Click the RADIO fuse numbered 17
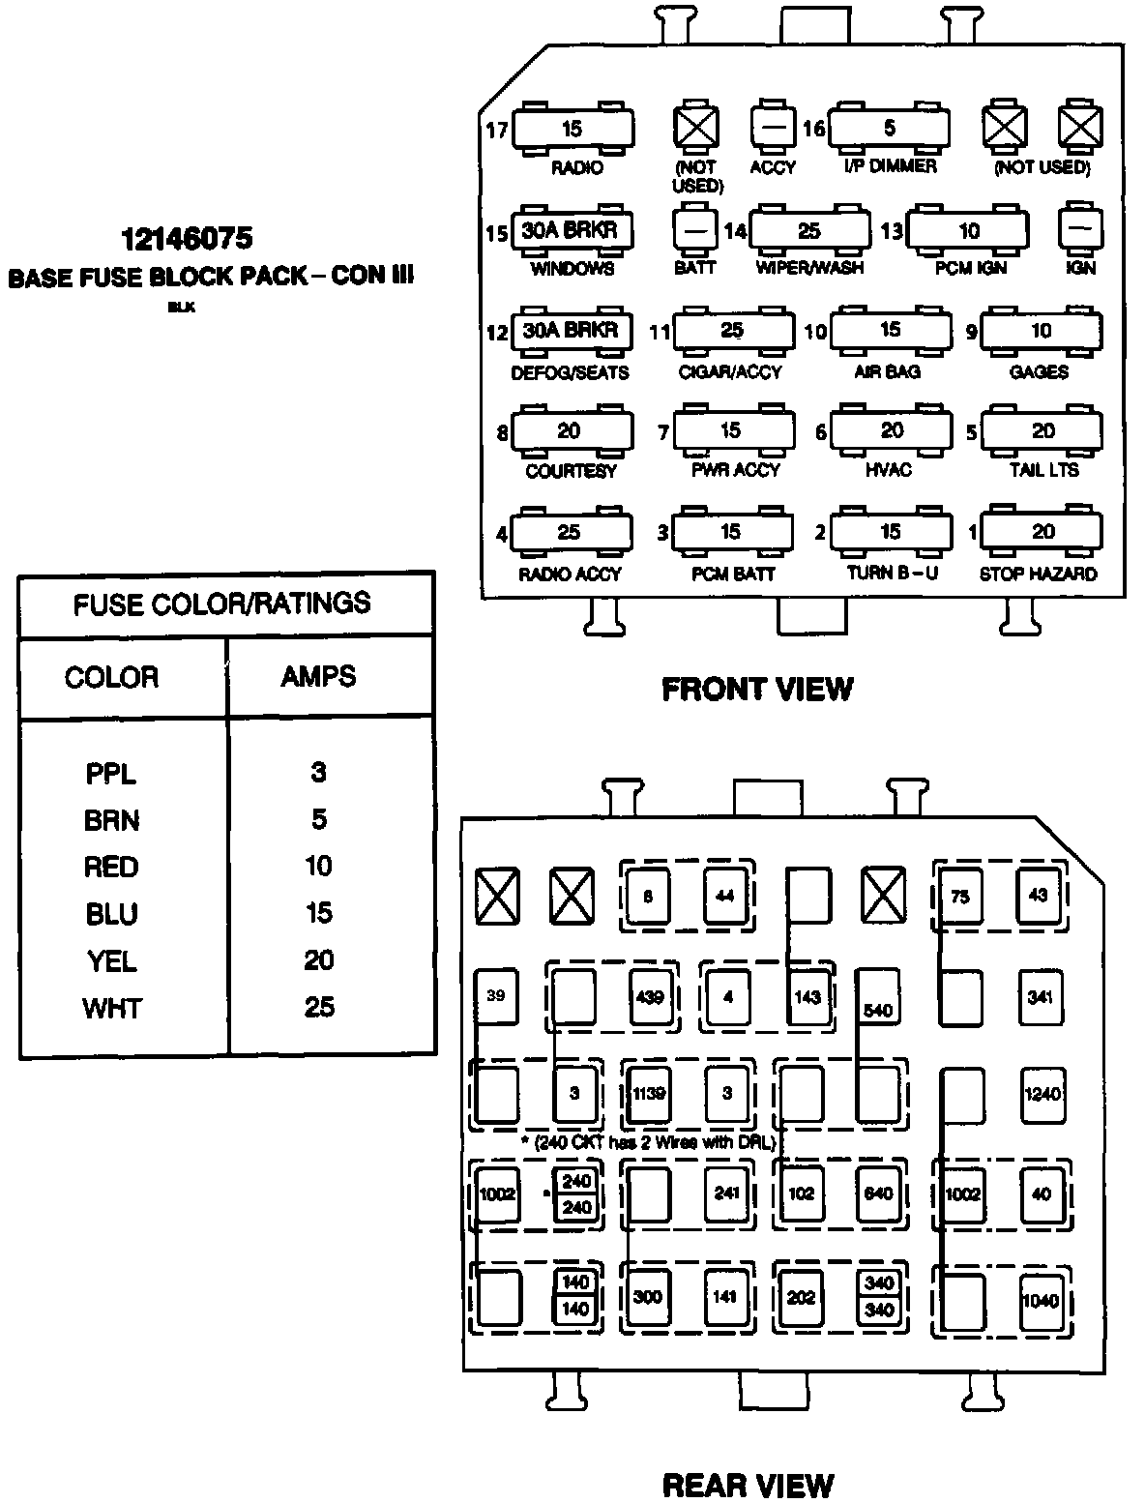tap(572, 129)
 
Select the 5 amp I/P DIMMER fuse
tap(889, 128)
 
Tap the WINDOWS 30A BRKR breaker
tap(571, 230)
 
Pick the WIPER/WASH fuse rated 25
tap(809, 230)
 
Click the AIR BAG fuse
tap(890, 331)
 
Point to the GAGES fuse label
tap(1039, 372)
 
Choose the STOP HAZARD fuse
tap(1042, 532)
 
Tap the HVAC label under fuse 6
tap(890, 470)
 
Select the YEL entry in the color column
tap(110, 960)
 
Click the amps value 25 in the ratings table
tap(319, 1007)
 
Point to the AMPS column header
tap(319, 676)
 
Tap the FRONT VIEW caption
tap(757, 689)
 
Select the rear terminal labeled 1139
tap(649, 1094)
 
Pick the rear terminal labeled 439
tap(650, 997)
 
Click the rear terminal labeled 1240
tap(1041, 1094)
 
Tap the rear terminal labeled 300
tap(647, 1296)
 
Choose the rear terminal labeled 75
tap(959, 897)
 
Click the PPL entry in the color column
tap(110, 774)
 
